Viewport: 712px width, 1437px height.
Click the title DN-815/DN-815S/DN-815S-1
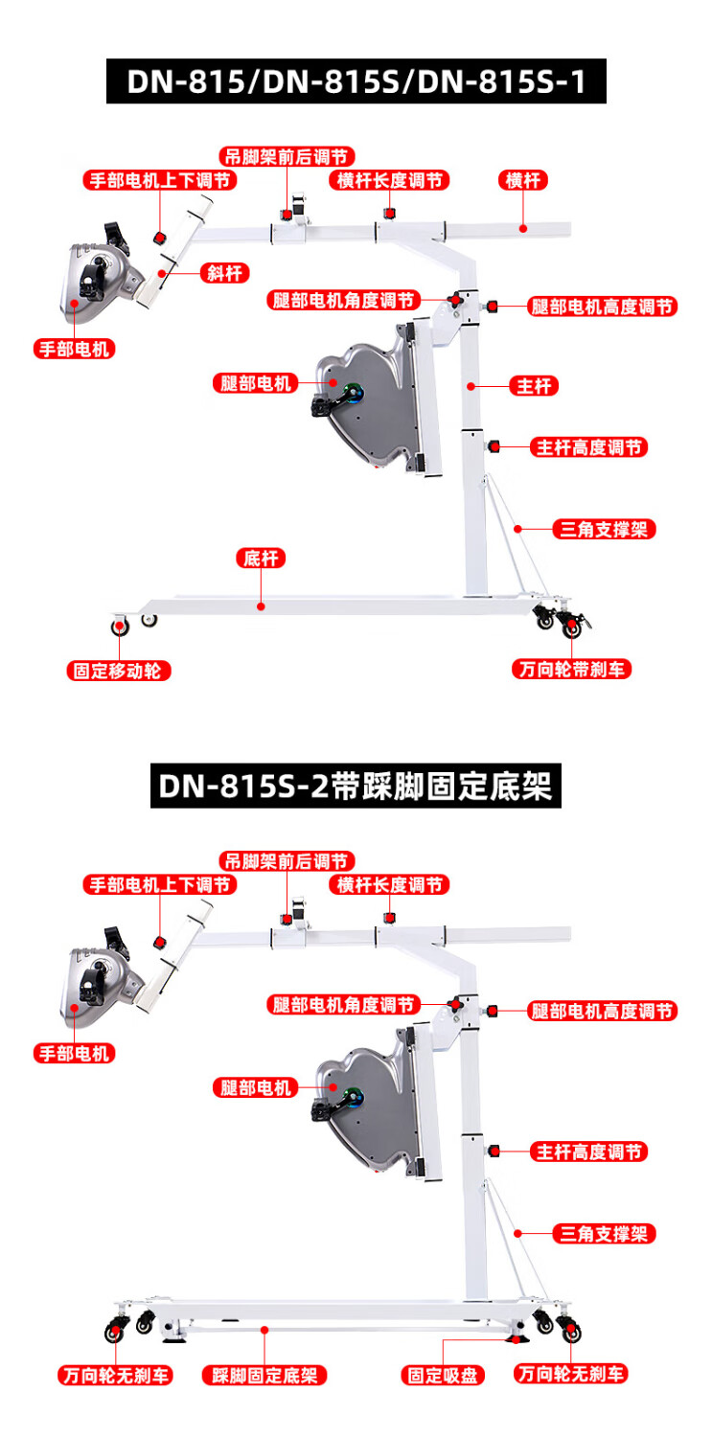[356, 80]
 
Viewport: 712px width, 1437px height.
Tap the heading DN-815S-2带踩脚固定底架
[356, 786]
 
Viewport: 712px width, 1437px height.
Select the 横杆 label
[523, 180]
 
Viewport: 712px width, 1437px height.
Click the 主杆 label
[538, 386]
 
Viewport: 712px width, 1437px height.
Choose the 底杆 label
[261, 559]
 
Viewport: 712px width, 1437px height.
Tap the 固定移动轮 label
[118, 671]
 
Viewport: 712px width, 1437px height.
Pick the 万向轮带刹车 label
[571, 669]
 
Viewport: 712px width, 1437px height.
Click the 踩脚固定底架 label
[264, 1376]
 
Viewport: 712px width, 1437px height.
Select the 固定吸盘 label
[443, 1376]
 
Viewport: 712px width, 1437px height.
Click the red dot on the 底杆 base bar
[261, 605]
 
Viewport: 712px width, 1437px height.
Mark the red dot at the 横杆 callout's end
[523, 228]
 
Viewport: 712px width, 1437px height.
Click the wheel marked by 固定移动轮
[120, 627]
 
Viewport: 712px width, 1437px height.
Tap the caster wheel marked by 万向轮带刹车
[571, 628]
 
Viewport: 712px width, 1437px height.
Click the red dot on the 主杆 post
[472, 386]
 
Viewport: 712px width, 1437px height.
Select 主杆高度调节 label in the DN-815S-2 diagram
[588, 1152]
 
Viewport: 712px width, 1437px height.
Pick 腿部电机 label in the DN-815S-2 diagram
[255, 1087]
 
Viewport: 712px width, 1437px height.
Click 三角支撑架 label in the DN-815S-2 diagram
[605, 1234]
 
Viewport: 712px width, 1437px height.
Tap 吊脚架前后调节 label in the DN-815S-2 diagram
[287, 861]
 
